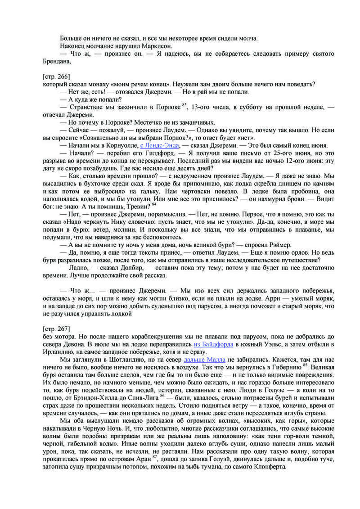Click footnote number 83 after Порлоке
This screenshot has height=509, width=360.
pyautogui.click(x=184, y=105)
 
